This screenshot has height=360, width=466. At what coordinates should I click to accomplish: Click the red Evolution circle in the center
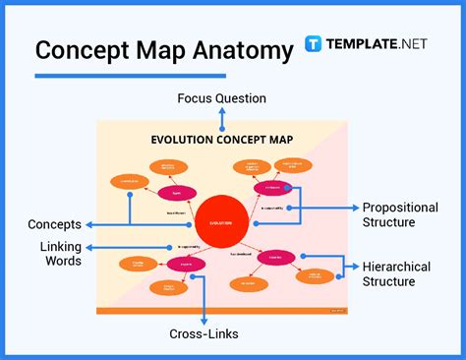pyautogui.click(x=221, y=221)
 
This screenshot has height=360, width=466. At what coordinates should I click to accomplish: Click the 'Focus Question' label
pyautogui.click(x=221, y=98)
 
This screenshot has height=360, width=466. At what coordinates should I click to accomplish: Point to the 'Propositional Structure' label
pyautogui.click(x=400, y=214)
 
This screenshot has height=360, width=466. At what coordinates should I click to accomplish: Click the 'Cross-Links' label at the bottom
pyautogui.click(x=203, y=334)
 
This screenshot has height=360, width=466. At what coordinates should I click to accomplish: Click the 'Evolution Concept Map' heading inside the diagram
pyautogui.click(x=221, y=140)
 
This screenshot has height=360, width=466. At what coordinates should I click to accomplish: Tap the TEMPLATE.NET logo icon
pyautogui.click(x=314, y=44)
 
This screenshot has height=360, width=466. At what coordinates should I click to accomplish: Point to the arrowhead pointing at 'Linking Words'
pyautogui.click(x=90, y=247)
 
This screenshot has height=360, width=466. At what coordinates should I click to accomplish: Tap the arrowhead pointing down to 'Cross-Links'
pyautogui.click(x=203, y=320)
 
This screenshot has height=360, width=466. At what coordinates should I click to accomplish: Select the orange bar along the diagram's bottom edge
pyautogui.click(x=221, y=311)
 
